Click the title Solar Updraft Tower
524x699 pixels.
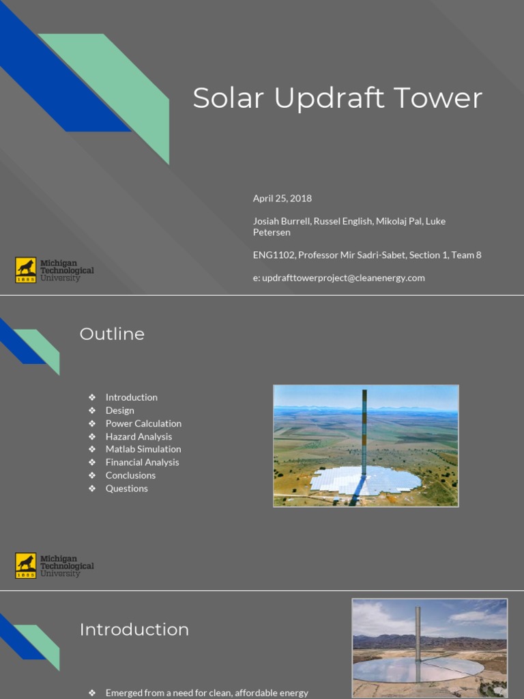click(337, 98)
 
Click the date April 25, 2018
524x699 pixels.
click(282, 199)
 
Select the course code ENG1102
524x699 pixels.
click(274, 255)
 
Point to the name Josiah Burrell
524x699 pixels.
click(281, 221)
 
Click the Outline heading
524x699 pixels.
click(112, 334)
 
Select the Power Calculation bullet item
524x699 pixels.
click(143, 423)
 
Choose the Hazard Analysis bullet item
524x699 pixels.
click(139, 436)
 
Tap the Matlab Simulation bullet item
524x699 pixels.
click(143, 449)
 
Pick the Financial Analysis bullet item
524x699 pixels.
click(142, 462)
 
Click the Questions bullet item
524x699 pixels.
click(126, 488)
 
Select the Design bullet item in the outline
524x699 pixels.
click(119, 410)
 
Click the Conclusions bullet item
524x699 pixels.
click(130, 475)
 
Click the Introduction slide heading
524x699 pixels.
click(134, 629)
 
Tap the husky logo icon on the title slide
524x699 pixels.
click(26, 270)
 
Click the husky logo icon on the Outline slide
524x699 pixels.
click(26, 565)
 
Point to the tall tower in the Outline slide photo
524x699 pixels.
click(364, 430)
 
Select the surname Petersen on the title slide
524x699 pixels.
click(272, 233)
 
